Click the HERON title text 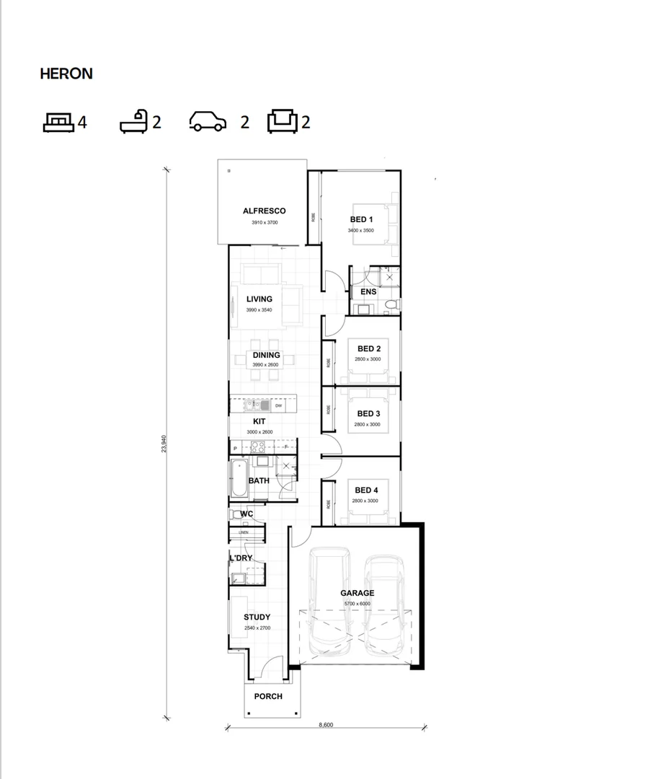click(x=66, y=74)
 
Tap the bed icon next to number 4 click(x=58, y=122)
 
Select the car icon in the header click(x=208, y=122)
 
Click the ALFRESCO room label click(x=264, y=211)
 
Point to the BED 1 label click(x=361, y=220)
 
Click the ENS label click(x=368, y=292)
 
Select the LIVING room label click(x=259, y=299)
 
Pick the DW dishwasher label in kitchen click(x=278, y=405)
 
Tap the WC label click(x=247, y=514)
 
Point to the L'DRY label click(x=241, y=558)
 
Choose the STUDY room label click(x=257, y=617)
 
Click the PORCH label click(x=268, y=697)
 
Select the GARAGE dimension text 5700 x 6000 click(x=357, y=602)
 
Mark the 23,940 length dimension click(x=165, y=444)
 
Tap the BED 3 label click(x=368, y=414)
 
